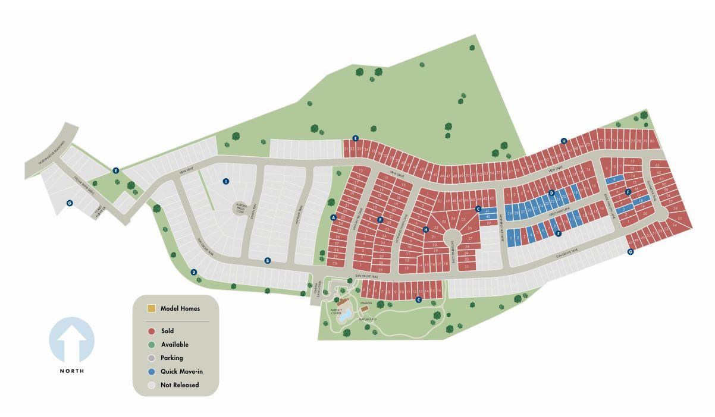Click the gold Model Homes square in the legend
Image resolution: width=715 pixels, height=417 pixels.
[x=151, y=309]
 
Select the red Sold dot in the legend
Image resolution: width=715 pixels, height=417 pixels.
[x=151, y=331]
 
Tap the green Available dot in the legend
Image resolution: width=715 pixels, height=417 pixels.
[x=151, y=345]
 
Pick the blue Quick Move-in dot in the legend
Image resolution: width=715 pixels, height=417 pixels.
[x=151, y=372]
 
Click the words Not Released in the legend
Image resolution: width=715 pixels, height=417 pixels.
[x=180, y=386]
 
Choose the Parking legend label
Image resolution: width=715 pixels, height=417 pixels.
[x=171, y=358]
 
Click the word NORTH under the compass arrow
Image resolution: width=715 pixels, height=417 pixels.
[x=71, y=371]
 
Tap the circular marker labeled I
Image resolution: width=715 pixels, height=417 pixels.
[x=225, y=181]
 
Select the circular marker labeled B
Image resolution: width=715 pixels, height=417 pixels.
[x=268, y=260]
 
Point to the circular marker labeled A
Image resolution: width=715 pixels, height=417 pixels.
[x=333, y=217]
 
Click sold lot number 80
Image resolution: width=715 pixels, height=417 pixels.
[x=653, y=141]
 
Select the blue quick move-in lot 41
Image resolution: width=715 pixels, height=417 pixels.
[x=488, y=211]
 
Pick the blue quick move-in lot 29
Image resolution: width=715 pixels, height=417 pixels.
[x=510, y=211]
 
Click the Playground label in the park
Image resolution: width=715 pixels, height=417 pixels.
[x=369, y=319]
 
